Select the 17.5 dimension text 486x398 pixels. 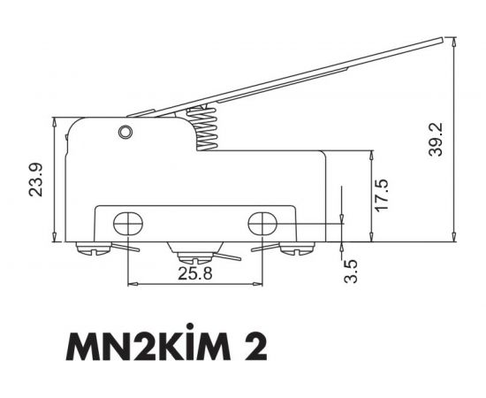pyautogui.click(x=381, y=195)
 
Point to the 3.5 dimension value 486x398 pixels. pyautogui.click(x=351, y=270)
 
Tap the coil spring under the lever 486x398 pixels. pyautogui.click(x=205, y=128)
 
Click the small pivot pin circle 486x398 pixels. pyautogui.click(x=125, y=133)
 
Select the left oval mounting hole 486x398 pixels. pyautogui.click(x=128, y=223)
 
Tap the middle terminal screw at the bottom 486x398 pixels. pyautogui.click(x=194, y=258)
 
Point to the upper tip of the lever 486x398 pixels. pyautogui.click(x=438, y=39)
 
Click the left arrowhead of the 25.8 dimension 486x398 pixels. pyautogui.click(x=132, y=285)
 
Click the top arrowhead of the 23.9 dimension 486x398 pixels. pyautogui.click(x=56, y=122)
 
